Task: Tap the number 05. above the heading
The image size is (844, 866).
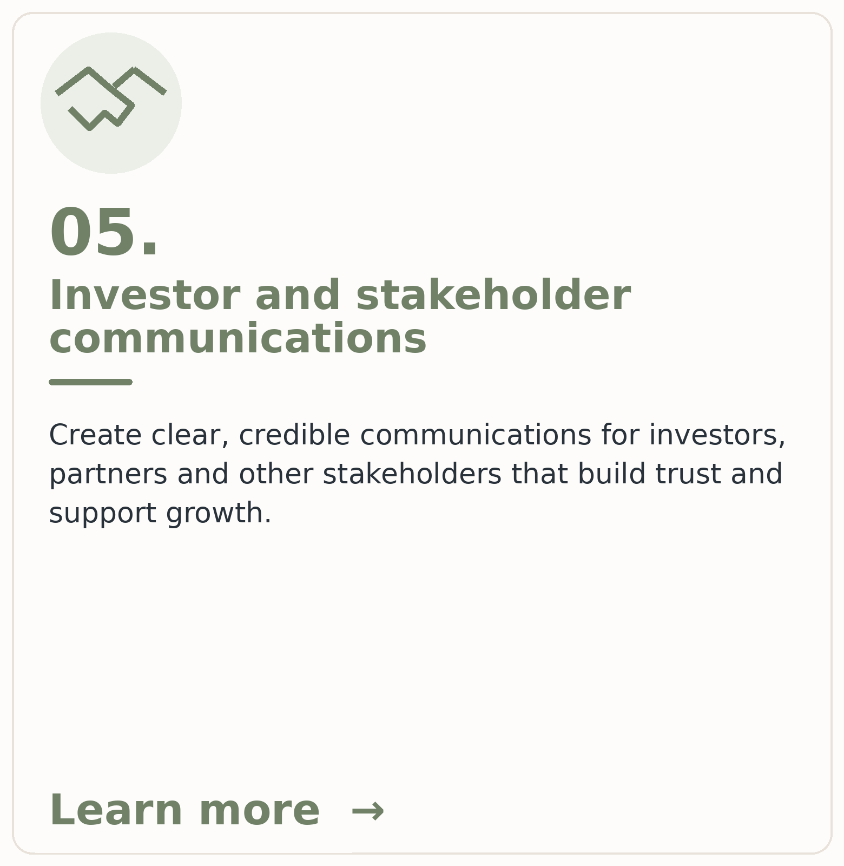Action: (x=104, y=233)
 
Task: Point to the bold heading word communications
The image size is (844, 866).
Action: (x=238, y=339)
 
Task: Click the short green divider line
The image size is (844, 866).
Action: (x=91, y=382)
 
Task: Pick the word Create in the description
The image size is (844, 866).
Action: (x=96, y=435)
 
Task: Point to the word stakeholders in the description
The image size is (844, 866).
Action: (x=412, y=474)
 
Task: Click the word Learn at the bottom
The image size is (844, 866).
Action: (x=116, y=811)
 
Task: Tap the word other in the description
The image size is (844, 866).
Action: (x=276, y=474)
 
